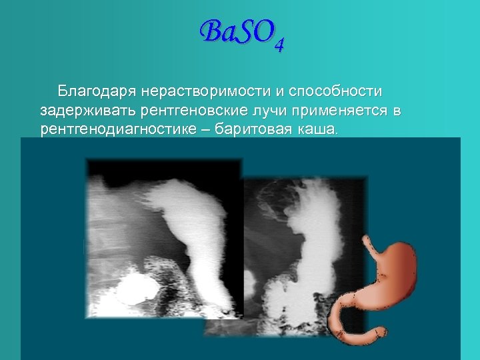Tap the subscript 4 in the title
pyautogui.click(x=279, y=45)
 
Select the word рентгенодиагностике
pyautogui.click(x=119, y=128)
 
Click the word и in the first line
pyautogui.click(x=256, y=91)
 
